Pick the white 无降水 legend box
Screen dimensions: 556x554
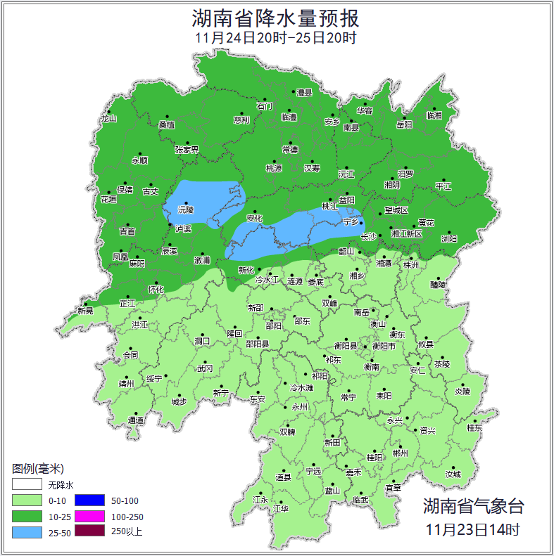[x=27, y=485]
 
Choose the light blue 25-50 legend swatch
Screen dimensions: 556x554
[x=27, y=532]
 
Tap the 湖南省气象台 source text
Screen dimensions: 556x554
[x=473, y=506]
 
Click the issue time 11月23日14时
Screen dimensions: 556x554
[x=473, y=529]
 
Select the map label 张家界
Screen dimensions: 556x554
[x=187, y=150]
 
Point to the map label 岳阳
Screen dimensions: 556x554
[x=404, y=124]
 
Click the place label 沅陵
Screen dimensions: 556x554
[x=184, y=209]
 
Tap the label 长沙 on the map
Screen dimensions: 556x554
[x=368, y=237]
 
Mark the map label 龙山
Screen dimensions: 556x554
[x=108, y=118]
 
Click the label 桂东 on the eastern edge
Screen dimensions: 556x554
[x=474, y=427]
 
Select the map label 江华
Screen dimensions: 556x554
[x=281, y=508]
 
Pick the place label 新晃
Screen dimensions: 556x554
[x=85, y=311]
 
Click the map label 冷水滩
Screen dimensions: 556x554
[x=301, y=387]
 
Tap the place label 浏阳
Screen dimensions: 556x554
[x=448, y=238]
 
